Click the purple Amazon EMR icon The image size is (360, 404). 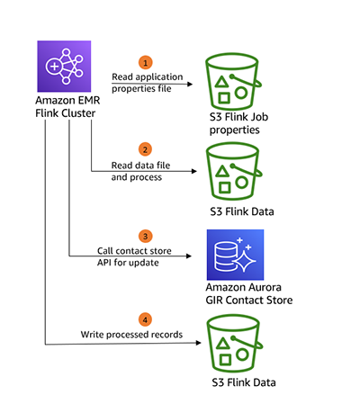coord(64,67)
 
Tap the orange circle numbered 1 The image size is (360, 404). coord(146,63)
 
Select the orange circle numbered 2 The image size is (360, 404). coord(145,149)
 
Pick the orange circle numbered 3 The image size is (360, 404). coord(146,236)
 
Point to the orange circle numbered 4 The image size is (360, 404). coord(145,319)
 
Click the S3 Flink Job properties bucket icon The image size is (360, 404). coord(233,81)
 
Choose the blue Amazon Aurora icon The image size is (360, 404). coord(235,255)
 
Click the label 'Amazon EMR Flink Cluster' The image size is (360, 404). coord(67,107)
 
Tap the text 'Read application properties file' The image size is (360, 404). coord(148,83)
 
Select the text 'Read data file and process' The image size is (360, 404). coord(140,171)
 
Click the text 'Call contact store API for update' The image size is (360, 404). coord(134,256)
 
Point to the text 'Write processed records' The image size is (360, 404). coord(131,335)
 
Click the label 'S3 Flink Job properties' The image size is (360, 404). coord(238,123)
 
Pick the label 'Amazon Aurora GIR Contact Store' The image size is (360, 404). coord(249,293)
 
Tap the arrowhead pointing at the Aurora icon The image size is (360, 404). coord(189,256)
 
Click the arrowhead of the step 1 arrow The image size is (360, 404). coord(190,84)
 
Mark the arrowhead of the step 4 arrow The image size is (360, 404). coord(198,343)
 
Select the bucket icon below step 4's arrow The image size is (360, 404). coord(234,343)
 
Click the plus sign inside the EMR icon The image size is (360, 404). coord(54,66)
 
